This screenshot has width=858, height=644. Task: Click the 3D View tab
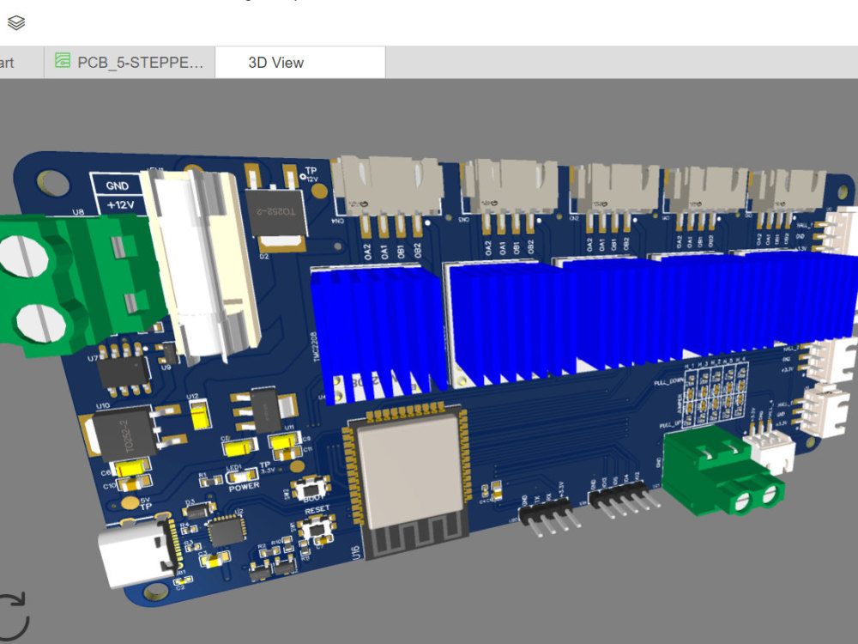(275, 63)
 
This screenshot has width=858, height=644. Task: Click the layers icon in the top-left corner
(15, 22)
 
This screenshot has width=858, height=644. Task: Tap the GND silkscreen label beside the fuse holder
(117, 185)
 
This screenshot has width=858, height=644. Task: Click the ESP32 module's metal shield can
(408, 473)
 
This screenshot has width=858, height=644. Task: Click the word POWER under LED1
(244, 486)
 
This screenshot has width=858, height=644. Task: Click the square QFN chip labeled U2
(226, 532)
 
